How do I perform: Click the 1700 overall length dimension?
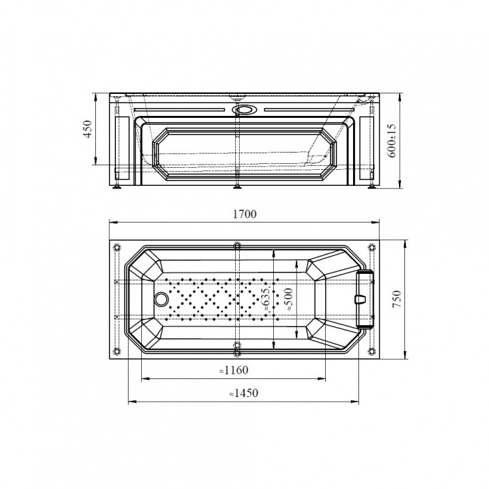point(244,214)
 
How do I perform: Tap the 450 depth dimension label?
point(88,129)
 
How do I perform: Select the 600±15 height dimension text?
point(392,141)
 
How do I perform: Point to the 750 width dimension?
point(396,299)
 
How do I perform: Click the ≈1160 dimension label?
point(234,370)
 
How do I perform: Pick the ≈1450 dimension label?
point(244,393)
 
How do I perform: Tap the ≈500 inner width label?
point(288,299)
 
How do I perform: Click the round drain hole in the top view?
point(161,298)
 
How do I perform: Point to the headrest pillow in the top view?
point(364,299)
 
